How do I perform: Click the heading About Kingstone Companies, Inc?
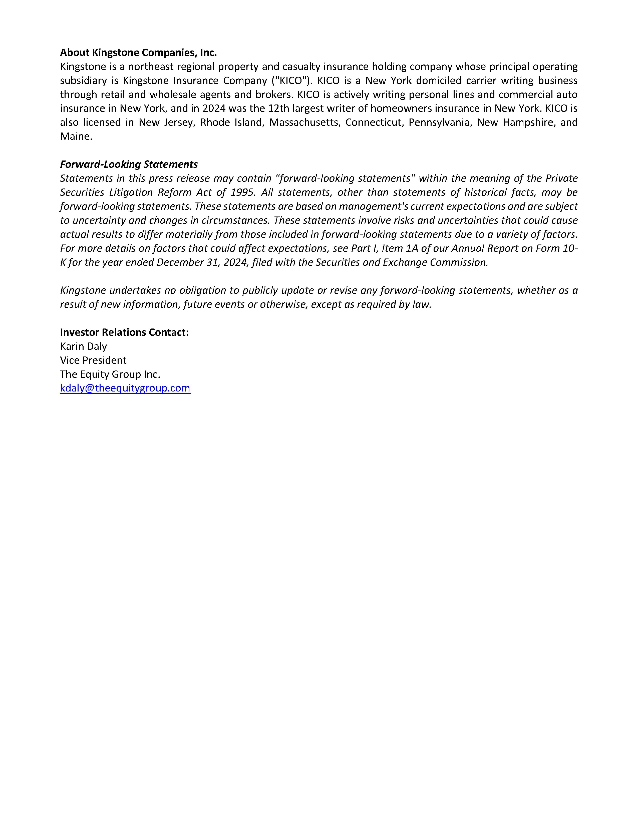click(x=138, y=52)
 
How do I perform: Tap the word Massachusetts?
click(x=304, y=122)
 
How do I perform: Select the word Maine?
click(x=76, y=136)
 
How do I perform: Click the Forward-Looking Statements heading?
click(x=129, y=164)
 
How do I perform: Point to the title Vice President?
click(x=93, y=360)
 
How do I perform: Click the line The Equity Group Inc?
click(x=110, y=374)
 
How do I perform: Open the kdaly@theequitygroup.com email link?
click(x=125, y=388)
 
